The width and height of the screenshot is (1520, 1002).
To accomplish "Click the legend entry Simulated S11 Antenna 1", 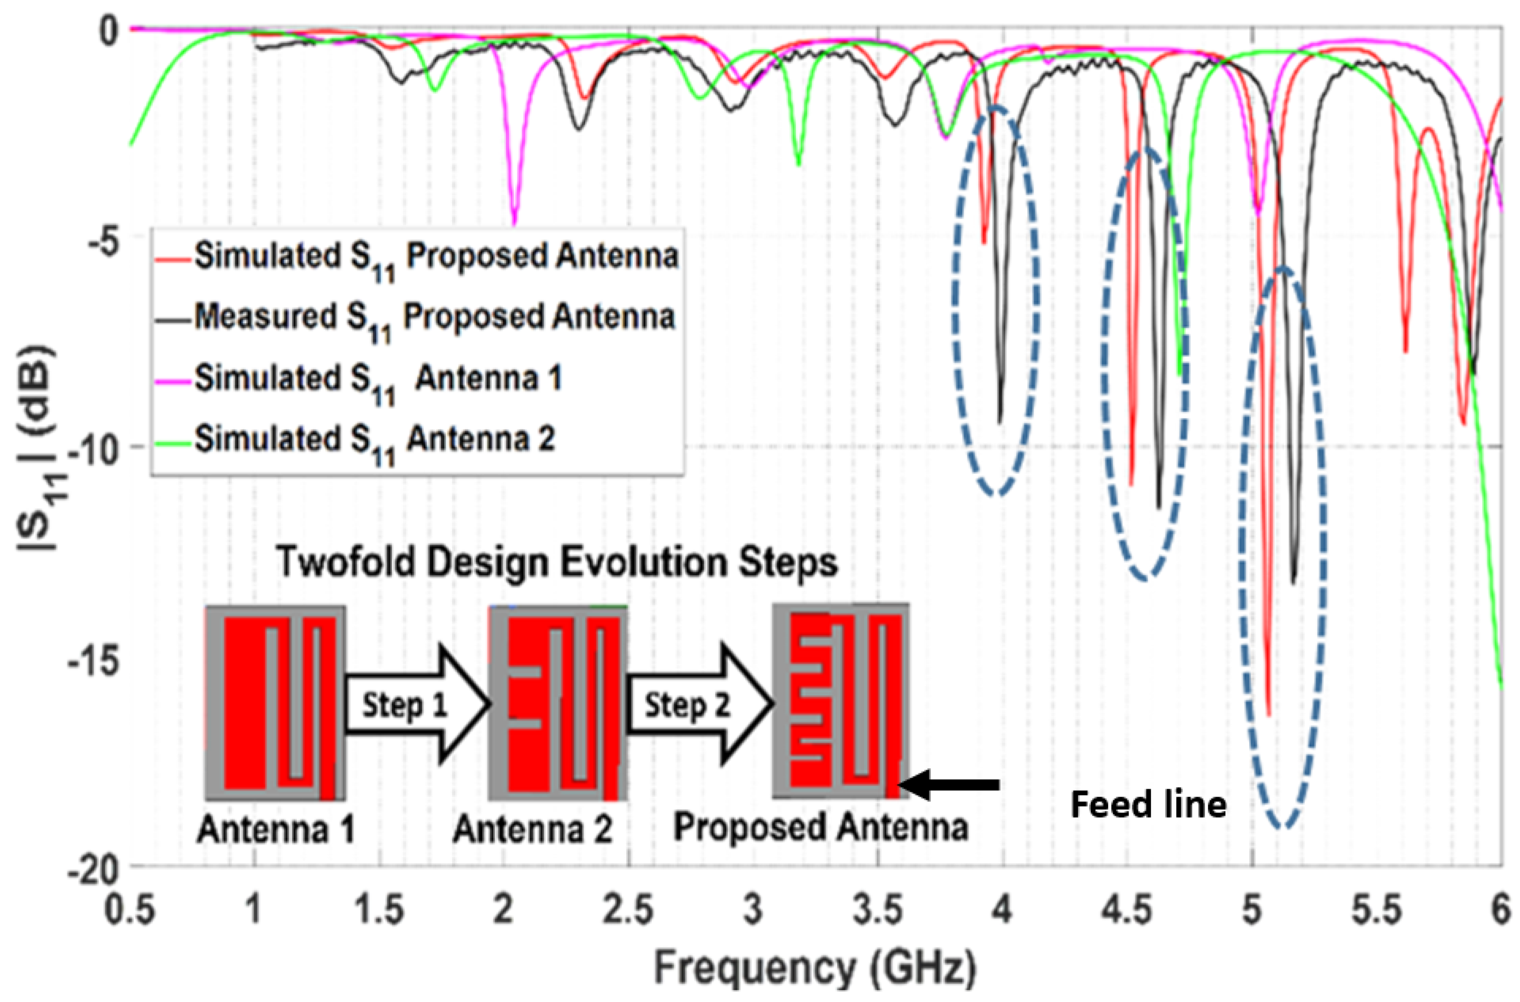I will [x=377, y=379].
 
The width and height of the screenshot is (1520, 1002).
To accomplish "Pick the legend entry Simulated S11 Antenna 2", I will [x=374, y=439].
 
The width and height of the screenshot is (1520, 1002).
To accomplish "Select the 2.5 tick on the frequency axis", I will [x=628, y=910].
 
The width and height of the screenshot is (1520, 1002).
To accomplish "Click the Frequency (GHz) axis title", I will [x=815, y=969].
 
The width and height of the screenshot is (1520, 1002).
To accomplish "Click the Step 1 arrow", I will [x=416, y=704].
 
